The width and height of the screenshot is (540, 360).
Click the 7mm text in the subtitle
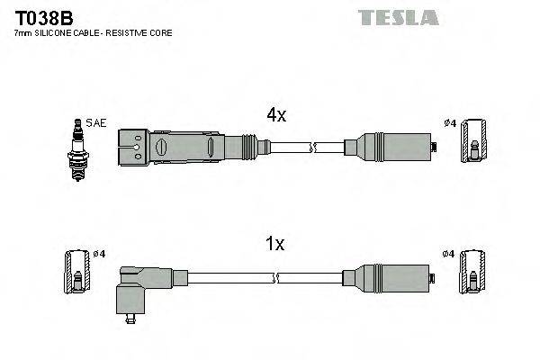coord(23,32)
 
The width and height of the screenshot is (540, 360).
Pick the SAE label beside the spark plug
coord(96,122)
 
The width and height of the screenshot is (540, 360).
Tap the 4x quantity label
coord(275,115)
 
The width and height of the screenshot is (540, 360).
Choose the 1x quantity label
coord(275,243)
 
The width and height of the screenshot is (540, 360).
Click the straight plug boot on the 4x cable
coord(180,145)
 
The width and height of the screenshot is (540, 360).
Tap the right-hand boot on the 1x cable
coord(390,274)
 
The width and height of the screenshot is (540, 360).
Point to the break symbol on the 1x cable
coord(311,274)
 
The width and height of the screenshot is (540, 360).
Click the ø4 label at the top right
coord(450,122)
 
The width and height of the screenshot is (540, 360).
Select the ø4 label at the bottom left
coord(99,254)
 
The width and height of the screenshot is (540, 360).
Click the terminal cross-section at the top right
coord(473,144)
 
